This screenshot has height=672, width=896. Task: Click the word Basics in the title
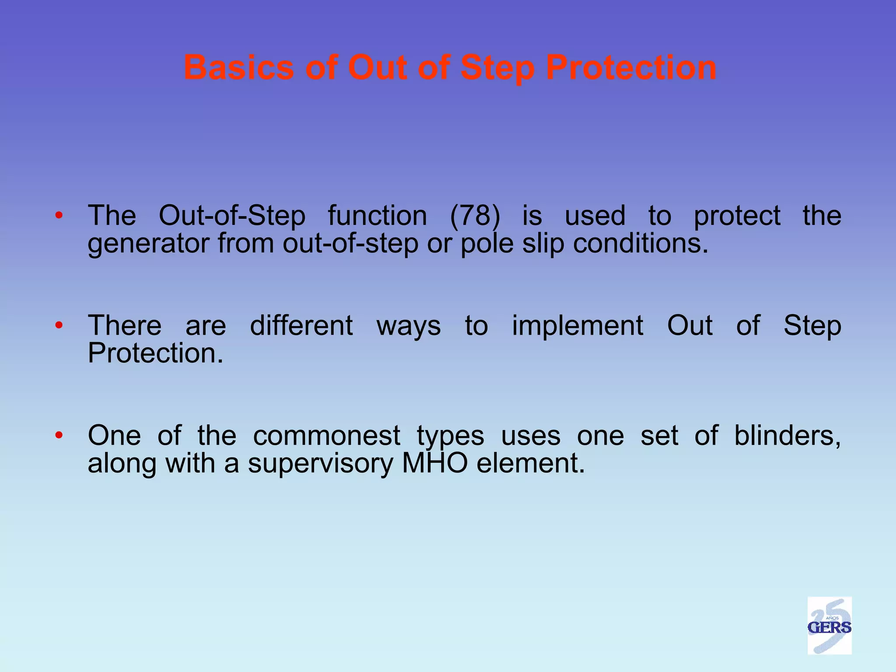coord(238,68)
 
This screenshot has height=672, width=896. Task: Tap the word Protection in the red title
coord(631,68)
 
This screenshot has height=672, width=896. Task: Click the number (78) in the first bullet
coord(475,216)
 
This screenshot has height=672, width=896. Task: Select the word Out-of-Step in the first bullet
coord(232,216)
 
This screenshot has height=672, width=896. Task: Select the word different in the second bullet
coord(301,325)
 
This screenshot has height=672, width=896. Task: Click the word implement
coord(577,325)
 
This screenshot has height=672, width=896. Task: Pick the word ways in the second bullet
coord(409,326)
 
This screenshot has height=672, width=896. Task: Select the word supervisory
coord(320,463)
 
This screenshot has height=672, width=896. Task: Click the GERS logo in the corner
coord(829,626)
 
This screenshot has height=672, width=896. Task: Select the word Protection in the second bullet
coord(155,353)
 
